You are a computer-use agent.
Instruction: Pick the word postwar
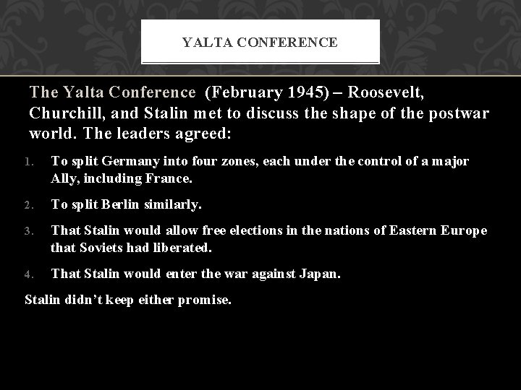460,114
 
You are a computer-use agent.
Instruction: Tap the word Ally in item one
62,176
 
